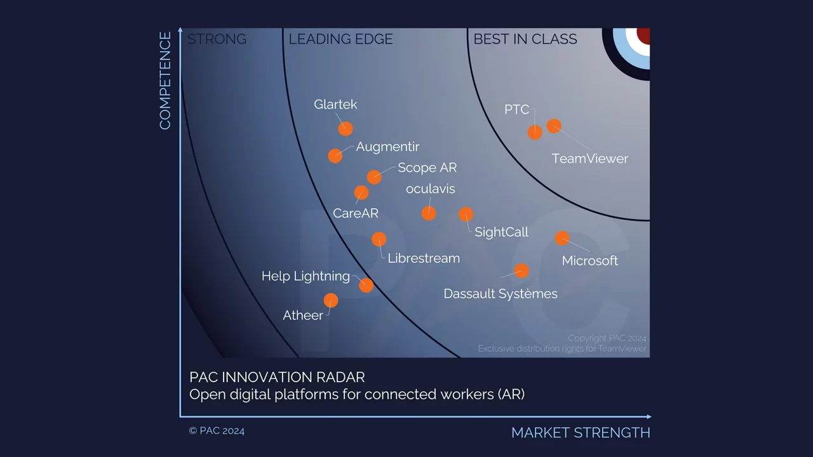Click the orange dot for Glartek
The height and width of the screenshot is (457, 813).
pos(345,129)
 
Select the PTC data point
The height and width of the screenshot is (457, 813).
pos(535,133)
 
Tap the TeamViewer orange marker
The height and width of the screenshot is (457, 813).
pos(554,126)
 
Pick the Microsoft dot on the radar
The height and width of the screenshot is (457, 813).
pos(562,238)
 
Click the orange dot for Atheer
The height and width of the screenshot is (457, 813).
pos(331,301)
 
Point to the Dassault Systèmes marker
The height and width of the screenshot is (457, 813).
pos(521,271)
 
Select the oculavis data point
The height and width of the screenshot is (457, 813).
pos(429,214)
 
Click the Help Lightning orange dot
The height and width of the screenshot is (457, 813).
pos(366,286)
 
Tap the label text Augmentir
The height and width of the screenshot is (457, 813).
pos(387,147)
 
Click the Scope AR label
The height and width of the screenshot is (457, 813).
pos(427,168)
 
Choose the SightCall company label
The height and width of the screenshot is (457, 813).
pos(501,232)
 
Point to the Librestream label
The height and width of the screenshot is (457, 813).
pos(424,258)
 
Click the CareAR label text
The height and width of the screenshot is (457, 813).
pos(355,213)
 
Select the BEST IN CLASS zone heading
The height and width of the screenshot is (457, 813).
pos(525,39)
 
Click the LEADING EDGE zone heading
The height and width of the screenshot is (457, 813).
pos(340,39)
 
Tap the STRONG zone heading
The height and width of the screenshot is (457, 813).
pos(217,39)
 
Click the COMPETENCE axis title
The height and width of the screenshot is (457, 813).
pos(165,81)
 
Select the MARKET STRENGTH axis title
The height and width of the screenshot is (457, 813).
pos(581,433)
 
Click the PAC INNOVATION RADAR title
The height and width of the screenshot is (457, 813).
pos(277,377)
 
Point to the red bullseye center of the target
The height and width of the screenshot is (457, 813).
pos(644,36)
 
